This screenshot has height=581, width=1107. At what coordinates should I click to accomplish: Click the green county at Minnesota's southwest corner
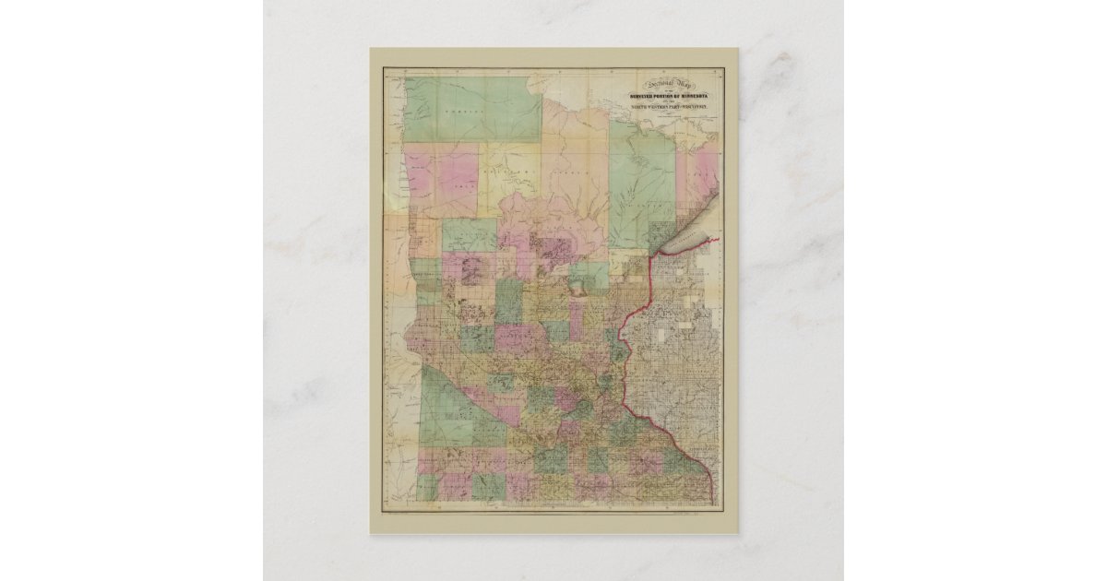tap(426, 486)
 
